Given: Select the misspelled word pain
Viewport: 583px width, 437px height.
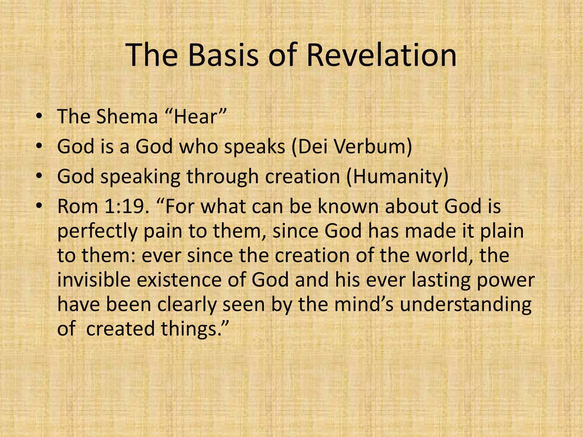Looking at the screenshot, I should [x=163, y=231].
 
